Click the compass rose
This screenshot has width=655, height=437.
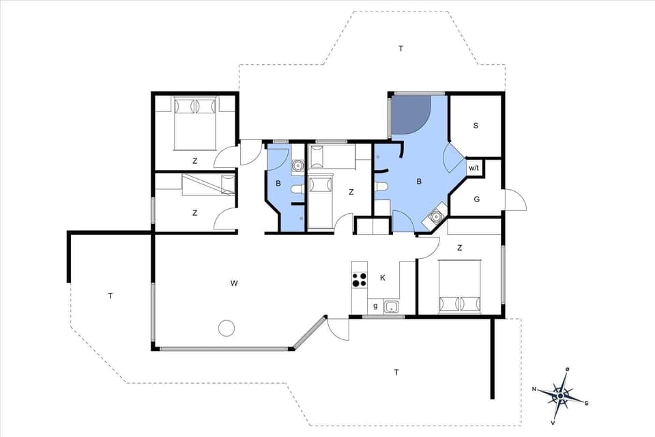tap(561, 394)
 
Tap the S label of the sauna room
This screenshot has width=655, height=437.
tap(476, 126)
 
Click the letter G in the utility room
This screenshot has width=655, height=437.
tap(476, 199)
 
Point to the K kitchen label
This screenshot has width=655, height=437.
tap(383, 277)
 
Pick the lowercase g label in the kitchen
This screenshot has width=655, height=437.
tap(375, 307)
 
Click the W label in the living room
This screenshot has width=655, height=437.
tap(234, 282)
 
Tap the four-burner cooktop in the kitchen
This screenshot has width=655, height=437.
tap(359, 279)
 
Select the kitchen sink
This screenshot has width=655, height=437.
tap(391, 307)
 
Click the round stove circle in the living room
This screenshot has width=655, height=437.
tap(227, 328)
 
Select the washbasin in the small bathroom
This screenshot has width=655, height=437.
tap(297, 166)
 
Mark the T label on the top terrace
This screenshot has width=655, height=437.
tap(401, 48)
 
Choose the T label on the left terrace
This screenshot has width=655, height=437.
tap(110, 296)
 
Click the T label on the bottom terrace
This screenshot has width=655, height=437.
tap(396, 372)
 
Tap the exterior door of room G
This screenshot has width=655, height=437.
tap(516, 201)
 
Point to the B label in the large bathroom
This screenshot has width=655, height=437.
tap(420, 182)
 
